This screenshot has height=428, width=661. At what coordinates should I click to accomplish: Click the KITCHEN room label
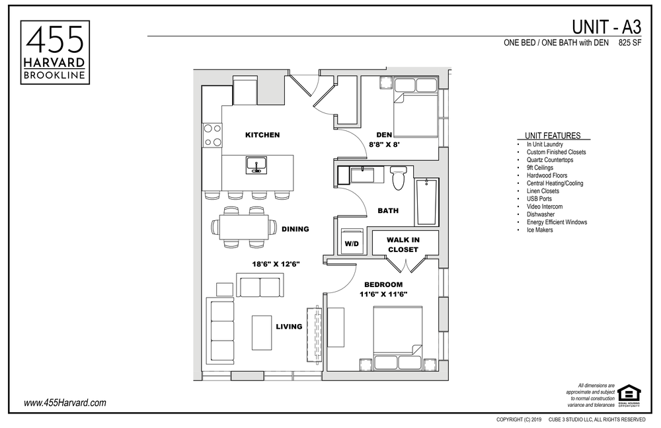(262, 135)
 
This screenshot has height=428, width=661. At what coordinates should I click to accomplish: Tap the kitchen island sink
(256, 165)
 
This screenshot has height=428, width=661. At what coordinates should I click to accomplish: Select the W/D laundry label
(350, 243)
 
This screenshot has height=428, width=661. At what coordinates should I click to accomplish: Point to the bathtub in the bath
(426, 201)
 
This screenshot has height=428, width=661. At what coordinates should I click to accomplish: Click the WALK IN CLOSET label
(403, 244)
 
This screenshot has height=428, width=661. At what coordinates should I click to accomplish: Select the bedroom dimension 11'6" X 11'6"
(383, 294)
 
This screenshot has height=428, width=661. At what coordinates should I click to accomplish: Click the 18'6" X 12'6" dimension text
(276, 264)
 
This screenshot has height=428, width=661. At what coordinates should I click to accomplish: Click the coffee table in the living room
(262, 333)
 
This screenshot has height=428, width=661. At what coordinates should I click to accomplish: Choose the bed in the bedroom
(398, 336)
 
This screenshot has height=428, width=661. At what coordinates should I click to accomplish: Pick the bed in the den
(415, 109)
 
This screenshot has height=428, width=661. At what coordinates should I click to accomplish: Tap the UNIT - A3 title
(605, 26)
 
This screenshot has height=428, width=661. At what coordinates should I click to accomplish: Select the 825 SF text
(630, 43)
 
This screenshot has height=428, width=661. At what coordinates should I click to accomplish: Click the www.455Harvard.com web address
(65, 403)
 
